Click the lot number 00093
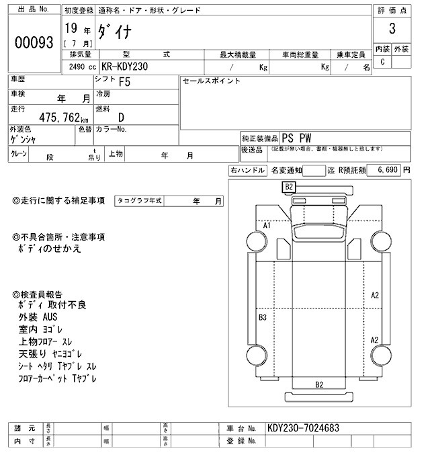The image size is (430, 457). (x=33, y=42)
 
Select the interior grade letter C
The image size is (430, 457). (x=382, y=62)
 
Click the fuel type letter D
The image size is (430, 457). (x=122, y=117)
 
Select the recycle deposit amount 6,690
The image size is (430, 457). (x=388, y=171)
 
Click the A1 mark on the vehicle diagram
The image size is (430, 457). (x=266, y=225)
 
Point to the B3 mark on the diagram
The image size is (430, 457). (x=263, y=317)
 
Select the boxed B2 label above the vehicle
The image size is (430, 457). (x=290, y=186)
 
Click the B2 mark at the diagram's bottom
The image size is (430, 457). (x=320, y=384)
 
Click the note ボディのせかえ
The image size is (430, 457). (x=50, y=249)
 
